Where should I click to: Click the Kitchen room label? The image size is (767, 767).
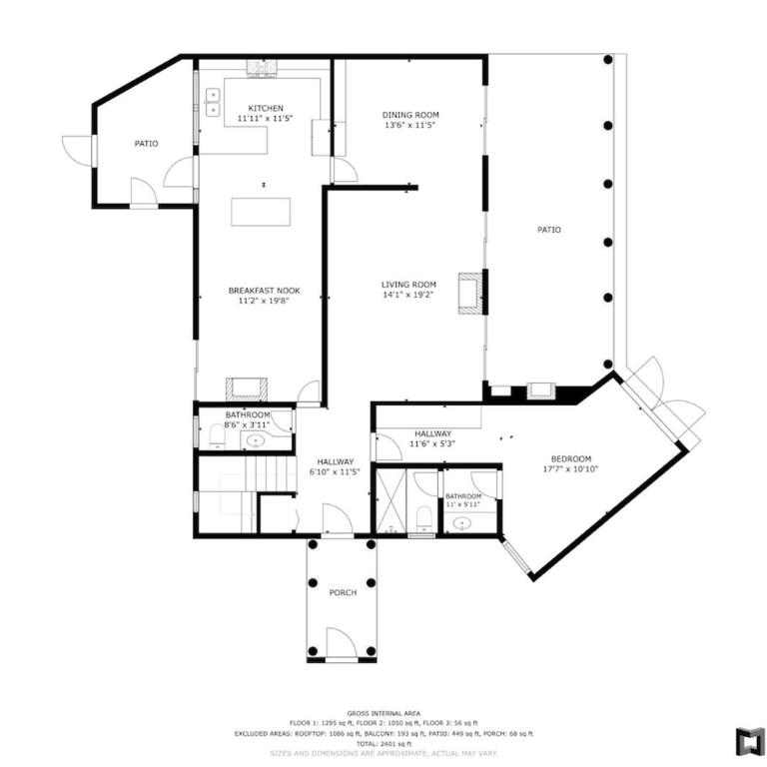point(266,108)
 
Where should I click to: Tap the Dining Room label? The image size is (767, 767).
point(410,115)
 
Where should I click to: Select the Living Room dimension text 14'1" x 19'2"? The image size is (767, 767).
point(408,295)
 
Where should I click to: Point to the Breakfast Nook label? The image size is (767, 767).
point(264,291)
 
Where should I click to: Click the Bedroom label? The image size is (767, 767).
point(571,458)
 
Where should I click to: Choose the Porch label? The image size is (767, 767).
point(343,593)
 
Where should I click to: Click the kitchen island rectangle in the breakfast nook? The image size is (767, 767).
point(261,212)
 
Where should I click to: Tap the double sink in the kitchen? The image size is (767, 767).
point(213,102)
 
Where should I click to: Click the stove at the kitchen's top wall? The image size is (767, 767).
point(263,69)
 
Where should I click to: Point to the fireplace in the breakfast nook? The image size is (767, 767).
point(247,389)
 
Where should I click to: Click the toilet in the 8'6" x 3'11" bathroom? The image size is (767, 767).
point(217,436)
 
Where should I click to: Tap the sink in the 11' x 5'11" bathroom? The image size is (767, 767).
point(461,524)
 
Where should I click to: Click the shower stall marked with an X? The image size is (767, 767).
point(389,500)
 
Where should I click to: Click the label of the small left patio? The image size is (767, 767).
point(146,144)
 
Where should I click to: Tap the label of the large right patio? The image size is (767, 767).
point(549,230)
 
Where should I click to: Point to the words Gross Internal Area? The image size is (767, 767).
point(383,713)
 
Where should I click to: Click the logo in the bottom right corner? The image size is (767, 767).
point(750,741)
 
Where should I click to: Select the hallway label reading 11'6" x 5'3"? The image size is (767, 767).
point(432,444)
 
